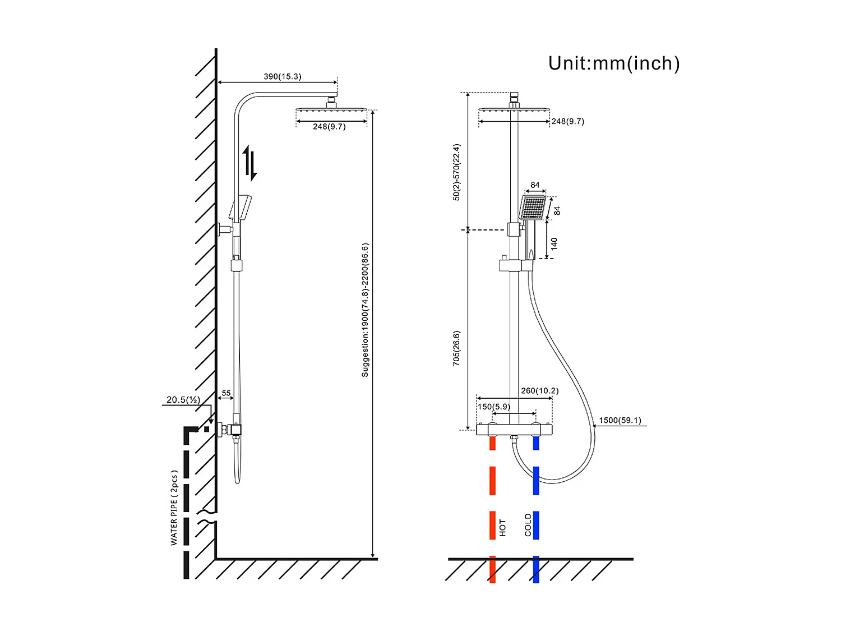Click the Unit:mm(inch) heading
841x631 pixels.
pos(614,63)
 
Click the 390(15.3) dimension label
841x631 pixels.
pos(283,76)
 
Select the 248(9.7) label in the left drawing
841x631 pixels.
pos(329,127)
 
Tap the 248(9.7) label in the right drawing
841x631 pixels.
pos(567,121)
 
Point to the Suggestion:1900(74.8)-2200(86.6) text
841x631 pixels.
pos(365,310)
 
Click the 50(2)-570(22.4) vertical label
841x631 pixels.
pos(456,172)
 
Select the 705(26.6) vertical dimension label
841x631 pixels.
pos(456,348)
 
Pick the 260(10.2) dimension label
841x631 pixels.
pos(539,391)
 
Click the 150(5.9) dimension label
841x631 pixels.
pos(493,407)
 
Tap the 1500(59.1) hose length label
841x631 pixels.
pos(620,420)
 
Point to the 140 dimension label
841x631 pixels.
pos(554,243)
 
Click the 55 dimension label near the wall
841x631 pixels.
pos(226,393)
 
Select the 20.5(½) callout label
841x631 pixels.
pos(183,400)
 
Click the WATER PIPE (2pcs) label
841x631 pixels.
pos(174,508)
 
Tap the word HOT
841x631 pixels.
pos(502,527)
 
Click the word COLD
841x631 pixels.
pos(528,525)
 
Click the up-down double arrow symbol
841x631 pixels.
pos(250,163)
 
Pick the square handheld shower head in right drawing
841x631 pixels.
pos(533,208)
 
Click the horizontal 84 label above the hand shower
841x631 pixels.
pos(535,185)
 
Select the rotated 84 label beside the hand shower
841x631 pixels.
pos(557,210)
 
